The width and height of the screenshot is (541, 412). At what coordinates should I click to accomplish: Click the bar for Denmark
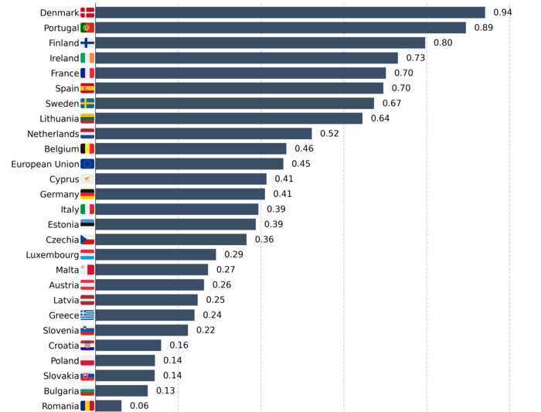[290, 12]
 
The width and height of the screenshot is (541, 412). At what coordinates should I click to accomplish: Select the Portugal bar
[280, 28]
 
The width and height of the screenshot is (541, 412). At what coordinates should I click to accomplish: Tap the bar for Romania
[108, 406]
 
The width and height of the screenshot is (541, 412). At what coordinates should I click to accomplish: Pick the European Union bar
[189, 164]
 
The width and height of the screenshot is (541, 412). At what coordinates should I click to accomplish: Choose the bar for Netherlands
[203, 134]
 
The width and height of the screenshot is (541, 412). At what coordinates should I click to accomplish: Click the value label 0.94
[503, 12]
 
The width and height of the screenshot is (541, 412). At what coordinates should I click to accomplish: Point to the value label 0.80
[443, 43]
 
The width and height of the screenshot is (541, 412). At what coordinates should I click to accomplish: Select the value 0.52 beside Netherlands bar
[329, 134]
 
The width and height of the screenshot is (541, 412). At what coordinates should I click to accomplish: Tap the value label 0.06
[139, 406]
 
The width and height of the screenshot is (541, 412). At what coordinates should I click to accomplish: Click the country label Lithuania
[59, 118]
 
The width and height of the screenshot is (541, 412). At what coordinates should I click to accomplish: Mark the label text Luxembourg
[53, 254]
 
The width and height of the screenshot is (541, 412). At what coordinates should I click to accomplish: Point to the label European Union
[45, 164]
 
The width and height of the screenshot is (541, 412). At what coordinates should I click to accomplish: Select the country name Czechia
[63, 240]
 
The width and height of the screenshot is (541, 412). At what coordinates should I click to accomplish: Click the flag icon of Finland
[87, 43]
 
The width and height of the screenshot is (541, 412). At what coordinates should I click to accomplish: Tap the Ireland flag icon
[87, 58]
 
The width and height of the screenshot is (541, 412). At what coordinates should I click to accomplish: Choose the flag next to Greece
[87, 315]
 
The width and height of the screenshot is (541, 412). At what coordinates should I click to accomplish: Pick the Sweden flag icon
[87, 104]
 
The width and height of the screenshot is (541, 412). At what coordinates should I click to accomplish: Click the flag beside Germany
[87, 194]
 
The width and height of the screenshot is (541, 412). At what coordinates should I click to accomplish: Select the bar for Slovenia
[141, 330]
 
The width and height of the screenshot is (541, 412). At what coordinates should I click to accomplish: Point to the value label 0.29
[234, 254]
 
